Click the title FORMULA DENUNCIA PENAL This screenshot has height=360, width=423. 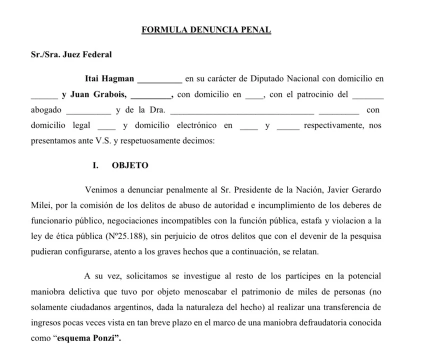coord(206,30)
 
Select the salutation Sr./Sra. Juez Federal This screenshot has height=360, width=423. coord(71,55)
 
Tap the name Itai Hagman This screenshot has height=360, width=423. coord(109,78)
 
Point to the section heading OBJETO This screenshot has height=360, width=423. coord(130,165)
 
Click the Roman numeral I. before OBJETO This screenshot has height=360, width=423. coord(95,165)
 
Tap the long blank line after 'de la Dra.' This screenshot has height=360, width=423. coord(242,111)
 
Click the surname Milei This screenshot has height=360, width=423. coord(40,205)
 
